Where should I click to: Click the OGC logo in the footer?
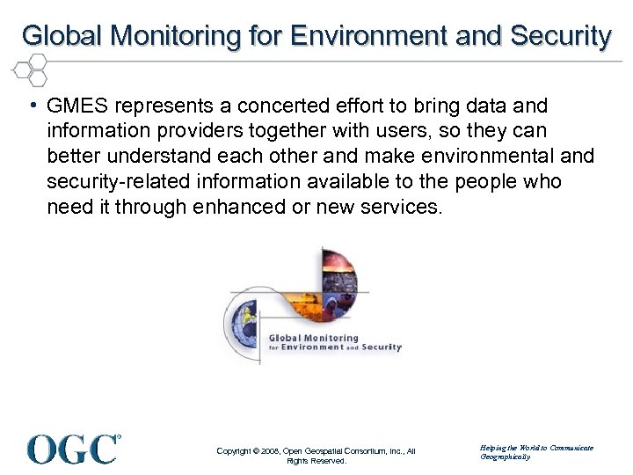tap(74, 448)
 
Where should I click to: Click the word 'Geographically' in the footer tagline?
tap(506, 457)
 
